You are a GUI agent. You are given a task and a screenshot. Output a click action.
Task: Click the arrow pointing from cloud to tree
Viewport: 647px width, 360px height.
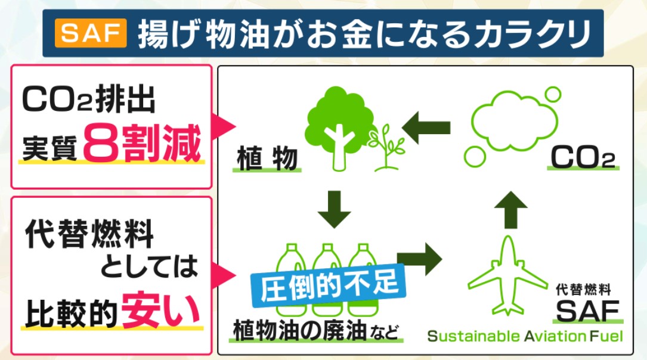(x=426, y=126)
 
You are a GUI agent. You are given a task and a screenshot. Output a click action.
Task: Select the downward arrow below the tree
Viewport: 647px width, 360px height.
(x=334, y=209)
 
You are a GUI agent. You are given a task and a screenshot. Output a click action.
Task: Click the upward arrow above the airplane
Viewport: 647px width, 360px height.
(x=510, y=209)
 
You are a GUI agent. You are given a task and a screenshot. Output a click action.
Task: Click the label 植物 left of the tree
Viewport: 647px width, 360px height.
(x=266, y=159)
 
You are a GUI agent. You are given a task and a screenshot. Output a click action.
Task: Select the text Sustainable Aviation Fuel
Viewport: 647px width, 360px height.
(x=525, y=336)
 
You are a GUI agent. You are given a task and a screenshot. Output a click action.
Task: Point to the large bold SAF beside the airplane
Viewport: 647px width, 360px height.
(x=587, y=310)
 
